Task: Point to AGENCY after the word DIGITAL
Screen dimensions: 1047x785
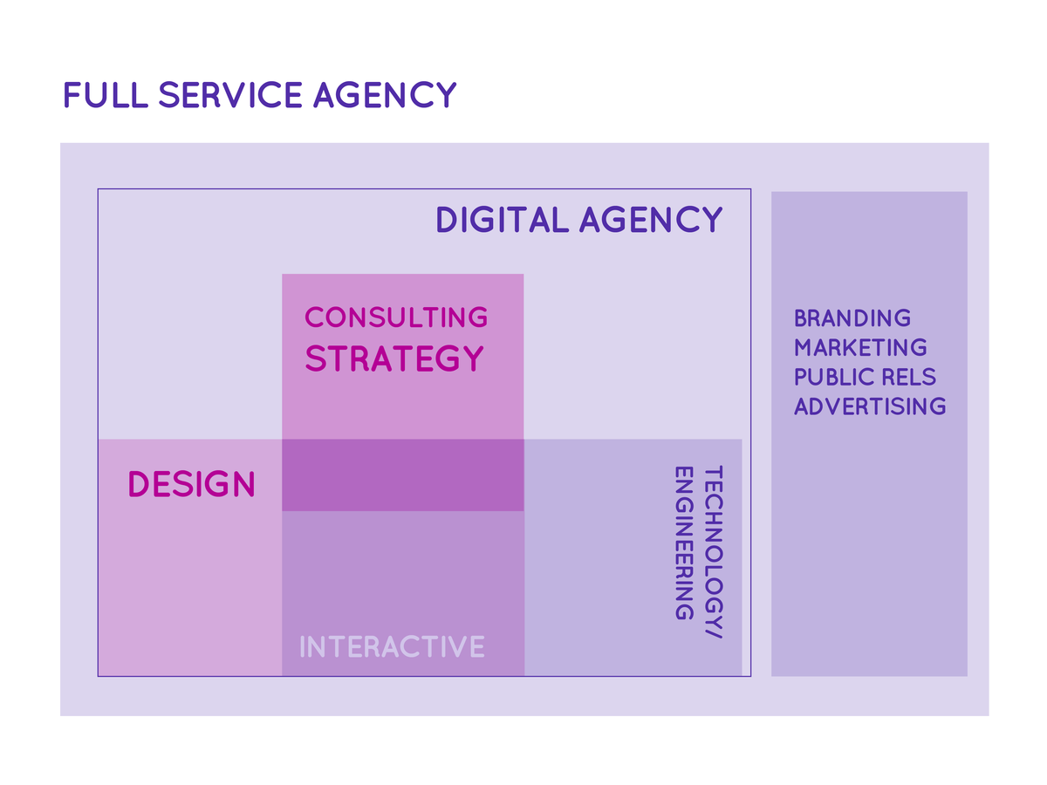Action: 651,220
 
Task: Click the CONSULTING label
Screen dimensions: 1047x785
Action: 396,317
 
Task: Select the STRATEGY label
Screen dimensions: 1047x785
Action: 394,358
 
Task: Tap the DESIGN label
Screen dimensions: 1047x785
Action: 191,484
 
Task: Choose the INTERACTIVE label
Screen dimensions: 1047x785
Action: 392,647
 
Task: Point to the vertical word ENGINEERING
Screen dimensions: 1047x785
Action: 684,543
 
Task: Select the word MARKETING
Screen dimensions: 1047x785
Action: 860,347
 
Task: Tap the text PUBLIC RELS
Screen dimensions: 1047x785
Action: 865,377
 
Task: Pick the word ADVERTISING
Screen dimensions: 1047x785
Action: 870,406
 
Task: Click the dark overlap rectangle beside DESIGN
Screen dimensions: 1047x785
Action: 402,475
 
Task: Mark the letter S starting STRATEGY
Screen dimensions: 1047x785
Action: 316,359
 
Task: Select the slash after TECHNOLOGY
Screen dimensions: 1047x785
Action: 713,636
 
